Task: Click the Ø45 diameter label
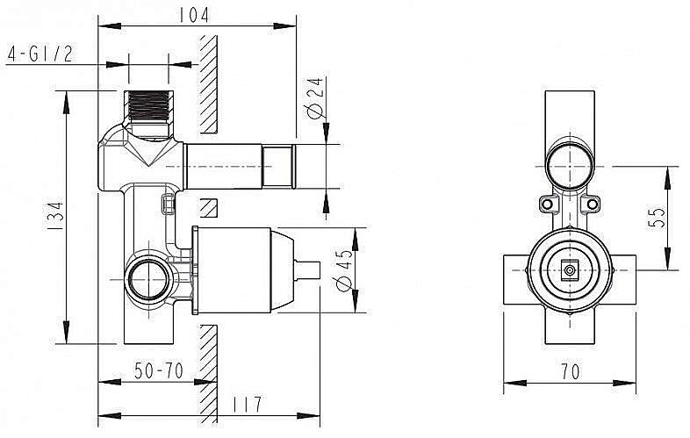(x=344, y=270)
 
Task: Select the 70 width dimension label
(x=570, y=371)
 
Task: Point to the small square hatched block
(x=209, y=208)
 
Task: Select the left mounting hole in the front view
(x=548, y=205)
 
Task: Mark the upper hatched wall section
(x=209, y=83)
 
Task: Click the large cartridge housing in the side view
(x=235, y=270)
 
